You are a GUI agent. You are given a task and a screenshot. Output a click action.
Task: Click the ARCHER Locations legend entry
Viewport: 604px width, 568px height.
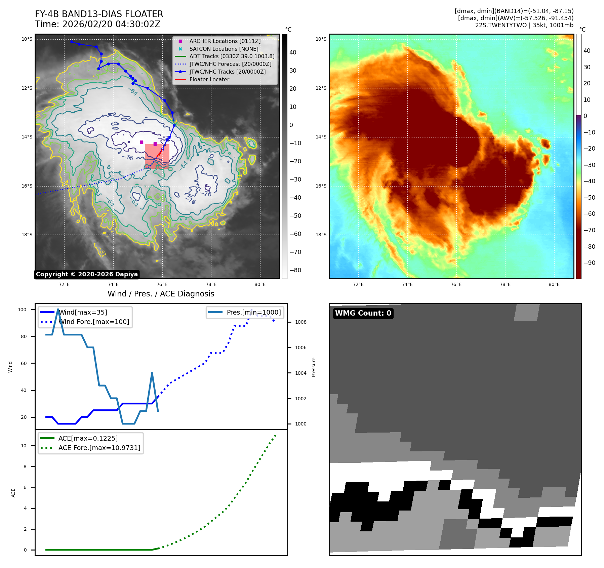tap(225, 41)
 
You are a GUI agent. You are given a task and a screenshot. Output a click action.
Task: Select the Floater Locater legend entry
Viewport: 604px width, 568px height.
tap(209, 80)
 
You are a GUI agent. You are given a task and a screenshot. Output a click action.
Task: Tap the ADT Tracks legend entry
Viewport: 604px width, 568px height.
tap(232, 56)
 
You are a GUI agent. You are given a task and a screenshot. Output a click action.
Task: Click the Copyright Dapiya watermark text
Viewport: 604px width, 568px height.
tap(87, 274)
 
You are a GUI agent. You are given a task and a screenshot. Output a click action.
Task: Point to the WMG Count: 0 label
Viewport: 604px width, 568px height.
tap(363, 313)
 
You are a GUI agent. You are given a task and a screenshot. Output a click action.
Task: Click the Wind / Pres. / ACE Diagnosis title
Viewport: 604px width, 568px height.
tap(161, 294)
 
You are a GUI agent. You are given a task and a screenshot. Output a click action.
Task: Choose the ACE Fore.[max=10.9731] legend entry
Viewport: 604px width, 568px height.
tap(99, 448)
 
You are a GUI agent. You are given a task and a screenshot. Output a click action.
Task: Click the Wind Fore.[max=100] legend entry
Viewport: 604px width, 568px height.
tap(93, 322)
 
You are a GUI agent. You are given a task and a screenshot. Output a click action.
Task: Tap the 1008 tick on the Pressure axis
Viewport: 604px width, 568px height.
tap(300, 322)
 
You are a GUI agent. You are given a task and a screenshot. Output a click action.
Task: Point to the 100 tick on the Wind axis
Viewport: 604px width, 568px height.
tap(22, 310)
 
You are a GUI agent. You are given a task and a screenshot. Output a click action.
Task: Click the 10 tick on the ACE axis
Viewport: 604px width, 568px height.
tap(24, 446)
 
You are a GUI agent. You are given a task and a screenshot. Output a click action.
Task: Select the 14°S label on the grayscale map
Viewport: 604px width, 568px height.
tap(27, 137)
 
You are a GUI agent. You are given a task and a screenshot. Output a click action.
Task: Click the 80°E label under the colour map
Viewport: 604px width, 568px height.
tap(554, 285)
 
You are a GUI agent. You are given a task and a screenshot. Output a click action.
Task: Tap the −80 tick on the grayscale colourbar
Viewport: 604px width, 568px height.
tap(295, 270)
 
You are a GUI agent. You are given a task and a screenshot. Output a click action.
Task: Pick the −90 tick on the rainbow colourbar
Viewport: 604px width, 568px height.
tap(589, 263)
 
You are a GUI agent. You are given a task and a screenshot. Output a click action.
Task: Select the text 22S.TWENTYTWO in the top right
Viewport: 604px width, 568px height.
tap(501, 25)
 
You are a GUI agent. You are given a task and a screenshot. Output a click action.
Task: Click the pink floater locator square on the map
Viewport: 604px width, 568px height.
tap(157, 156)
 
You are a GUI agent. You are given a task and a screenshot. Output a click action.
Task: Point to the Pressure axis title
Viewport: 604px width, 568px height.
tap(314, 367)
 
